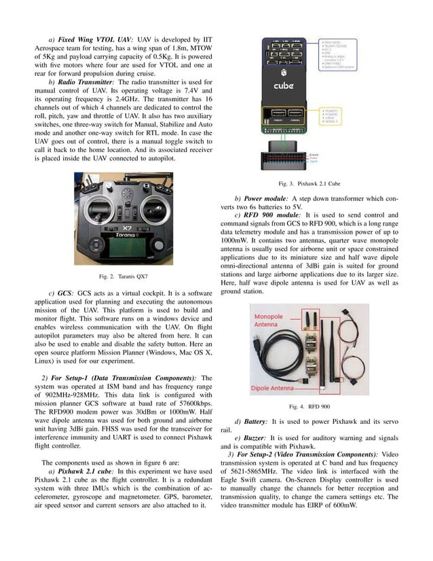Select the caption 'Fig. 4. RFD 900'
309,406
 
